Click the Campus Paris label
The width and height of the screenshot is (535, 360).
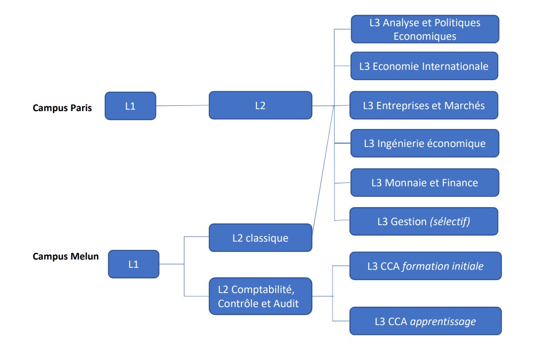[x=62, y=108]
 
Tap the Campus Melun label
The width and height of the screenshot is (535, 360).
[x=66, y=256]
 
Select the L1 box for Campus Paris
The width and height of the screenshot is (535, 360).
[x=130, y=106]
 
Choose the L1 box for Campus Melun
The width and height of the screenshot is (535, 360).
[x=134, y=264]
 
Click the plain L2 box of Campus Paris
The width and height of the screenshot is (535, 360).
[x=260, y=105]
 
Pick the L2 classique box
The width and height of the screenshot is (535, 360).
[x=260, y=238]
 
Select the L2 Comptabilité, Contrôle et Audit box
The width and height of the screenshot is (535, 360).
[x=260, y=296]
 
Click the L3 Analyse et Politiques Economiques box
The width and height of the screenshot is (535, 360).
[x=425, y=29]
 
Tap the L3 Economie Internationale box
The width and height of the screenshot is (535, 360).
[x=424, y=66]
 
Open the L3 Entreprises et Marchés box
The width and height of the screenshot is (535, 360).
[x=424, y=105]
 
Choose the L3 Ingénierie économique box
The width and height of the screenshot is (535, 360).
[x=424, y=143]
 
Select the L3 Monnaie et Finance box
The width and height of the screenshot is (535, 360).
[x=424, y=182]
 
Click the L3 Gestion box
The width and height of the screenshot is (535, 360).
[x=424, y=221]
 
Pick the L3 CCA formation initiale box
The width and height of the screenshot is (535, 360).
[x=425, y=266]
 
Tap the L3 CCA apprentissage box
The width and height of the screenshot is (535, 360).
[x=425, y=321]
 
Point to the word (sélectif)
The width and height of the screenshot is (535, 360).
[x=450, y=221]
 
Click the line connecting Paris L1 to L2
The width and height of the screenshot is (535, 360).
[x=182, y=106]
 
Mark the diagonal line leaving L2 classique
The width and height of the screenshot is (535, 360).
[x=322, y=170]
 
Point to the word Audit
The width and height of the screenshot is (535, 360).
[x=285, y=304]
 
